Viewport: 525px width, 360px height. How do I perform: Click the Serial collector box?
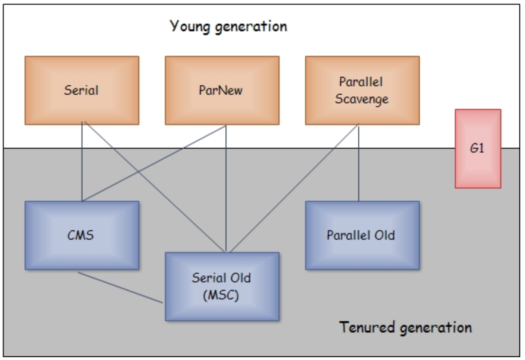pyautogui.click(x=81, y=90)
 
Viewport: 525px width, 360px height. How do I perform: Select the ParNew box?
pyautogui.click(x=222, y=90)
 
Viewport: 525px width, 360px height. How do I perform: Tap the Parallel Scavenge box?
pyautogui.click(x=362, y=90)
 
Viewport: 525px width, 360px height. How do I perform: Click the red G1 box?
pyautogui.click(x=478, y=149)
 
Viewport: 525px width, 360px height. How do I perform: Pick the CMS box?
pyautogui.click(x=81, y=235)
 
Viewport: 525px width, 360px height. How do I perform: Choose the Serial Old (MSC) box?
pyautogui.click(x=222, y=286)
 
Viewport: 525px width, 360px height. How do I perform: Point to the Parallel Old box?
pyautogui.click(x=362, y=235)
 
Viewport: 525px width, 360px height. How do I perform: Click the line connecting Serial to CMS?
pyautogui.click(x=82, y=161)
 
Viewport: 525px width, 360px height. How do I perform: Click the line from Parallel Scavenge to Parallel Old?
pyautogui.click(x=359, y=161)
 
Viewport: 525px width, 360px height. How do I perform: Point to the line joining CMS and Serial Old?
pyautogui.click(x=121, y=287)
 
